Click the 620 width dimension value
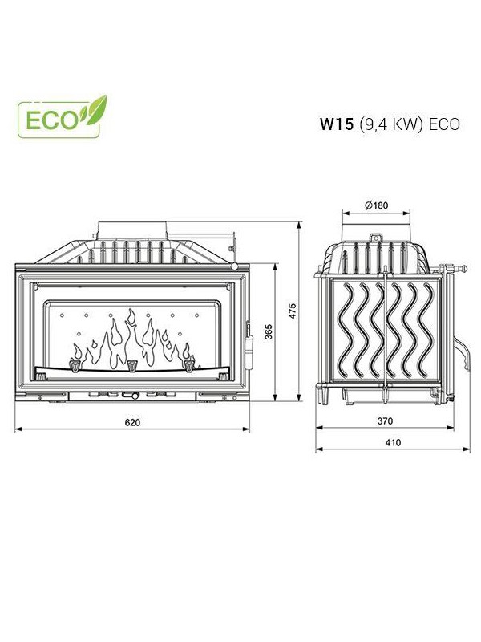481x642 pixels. [132, 423]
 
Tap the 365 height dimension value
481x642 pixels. [269, 331]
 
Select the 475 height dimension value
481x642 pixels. [292, 311]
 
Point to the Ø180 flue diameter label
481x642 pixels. [376, 205]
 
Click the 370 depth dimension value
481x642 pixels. [385, 421]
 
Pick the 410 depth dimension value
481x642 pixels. [393, 443]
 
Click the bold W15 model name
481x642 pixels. [336, 124]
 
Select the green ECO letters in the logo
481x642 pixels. [51, 120]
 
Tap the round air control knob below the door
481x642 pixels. [134, 395]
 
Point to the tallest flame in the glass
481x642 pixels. [131, 335]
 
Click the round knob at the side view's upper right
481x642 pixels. [463, 269]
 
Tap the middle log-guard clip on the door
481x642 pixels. [131, 366]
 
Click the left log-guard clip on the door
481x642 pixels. [75, 365]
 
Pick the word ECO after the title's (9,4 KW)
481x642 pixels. [444, 124]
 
